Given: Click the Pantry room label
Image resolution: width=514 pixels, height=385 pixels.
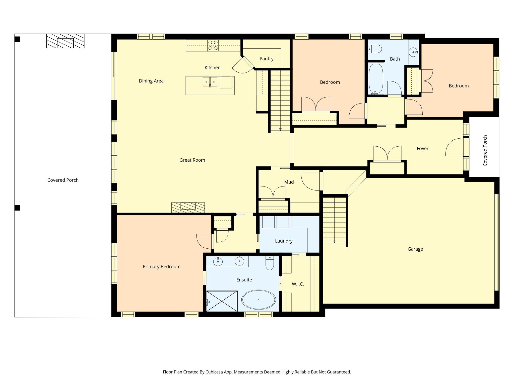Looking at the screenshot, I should click(266, 59).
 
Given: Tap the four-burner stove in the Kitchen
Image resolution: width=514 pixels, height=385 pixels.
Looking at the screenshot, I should click(213, 45).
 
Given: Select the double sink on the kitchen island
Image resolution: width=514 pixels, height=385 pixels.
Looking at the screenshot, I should click(210, 81).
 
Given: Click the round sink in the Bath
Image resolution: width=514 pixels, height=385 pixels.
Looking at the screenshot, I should click(413, 52).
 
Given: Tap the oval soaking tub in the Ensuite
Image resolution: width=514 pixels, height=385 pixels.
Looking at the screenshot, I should click(259, 300).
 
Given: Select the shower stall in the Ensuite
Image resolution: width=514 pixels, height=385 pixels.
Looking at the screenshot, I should click(222, 301).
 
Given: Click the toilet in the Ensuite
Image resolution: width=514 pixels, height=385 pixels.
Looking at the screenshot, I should click(270, 263).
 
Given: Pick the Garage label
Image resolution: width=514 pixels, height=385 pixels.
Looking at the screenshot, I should click(415, 249).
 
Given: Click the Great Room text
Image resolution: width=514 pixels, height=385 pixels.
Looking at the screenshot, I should click(192, 160).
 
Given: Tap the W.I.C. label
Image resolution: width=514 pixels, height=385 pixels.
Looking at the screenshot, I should click(298, 284).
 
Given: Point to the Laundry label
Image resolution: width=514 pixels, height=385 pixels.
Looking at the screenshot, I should click(284, 241).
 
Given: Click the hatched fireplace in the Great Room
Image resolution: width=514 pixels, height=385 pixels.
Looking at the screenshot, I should click(188, 208).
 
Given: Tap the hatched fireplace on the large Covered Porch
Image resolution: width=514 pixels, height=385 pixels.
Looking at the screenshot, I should click(65, 41).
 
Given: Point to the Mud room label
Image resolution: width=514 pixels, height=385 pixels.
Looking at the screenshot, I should click(289, 182).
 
